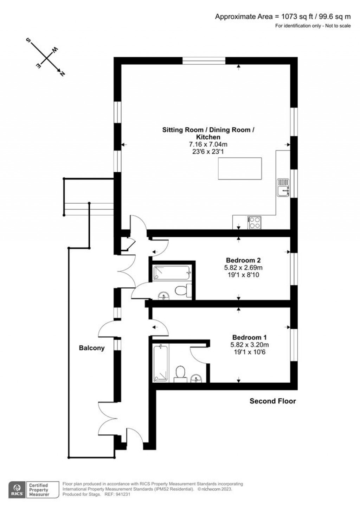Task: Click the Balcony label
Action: tap(92, 348)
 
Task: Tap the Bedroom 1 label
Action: tap(250, 337)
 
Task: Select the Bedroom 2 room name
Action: tap(243, 260)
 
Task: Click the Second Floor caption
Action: tap(273, 401)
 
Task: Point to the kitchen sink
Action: tap(283, 187)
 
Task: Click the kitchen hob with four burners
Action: tap(255, 222)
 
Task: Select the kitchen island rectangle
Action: tap(240, 168)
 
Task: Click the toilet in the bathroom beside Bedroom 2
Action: tap(182, 290)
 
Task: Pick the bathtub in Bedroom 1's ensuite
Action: tap(161, 363)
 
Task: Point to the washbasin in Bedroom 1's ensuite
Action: tap(196, 378)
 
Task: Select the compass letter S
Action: tap(28, 40)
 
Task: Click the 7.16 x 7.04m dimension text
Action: tap(208, 144)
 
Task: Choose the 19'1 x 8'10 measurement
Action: tap(243, 275)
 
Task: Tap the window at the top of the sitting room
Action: tap(204, 61)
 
